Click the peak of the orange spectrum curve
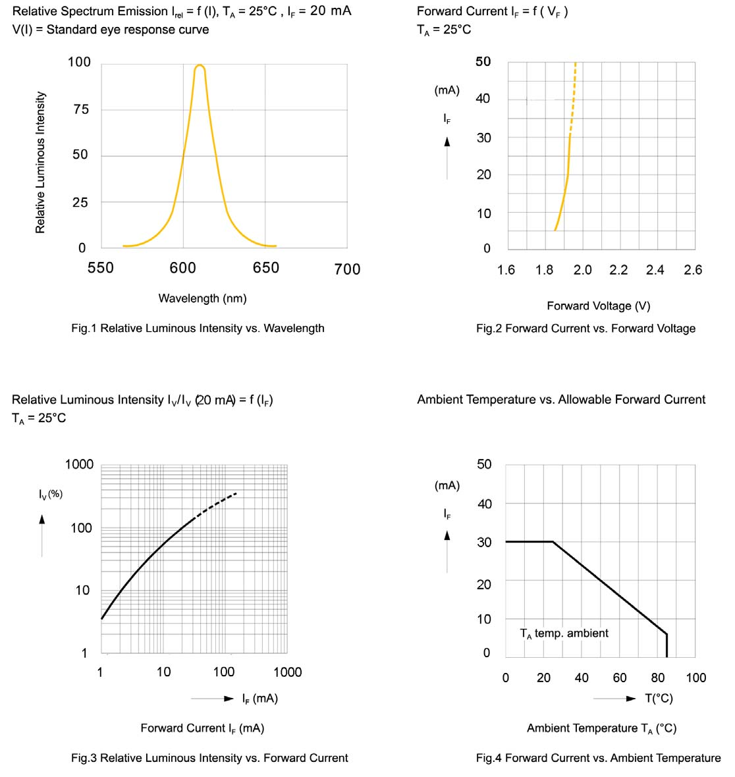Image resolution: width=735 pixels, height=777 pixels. click(x=200, y=65)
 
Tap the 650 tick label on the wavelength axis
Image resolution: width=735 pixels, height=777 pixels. click(x=265, y=268)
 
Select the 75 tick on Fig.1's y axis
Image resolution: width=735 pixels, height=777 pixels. click(x=80, y=110)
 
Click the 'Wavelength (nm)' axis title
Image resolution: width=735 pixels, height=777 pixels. click(x=202, y=298)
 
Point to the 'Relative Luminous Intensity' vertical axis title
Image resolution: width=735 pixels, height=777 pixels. click(x=41, y=162)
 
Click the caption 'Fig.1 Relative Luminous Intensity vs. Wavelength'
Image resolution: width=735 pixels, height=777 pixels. click(x=198, y=328)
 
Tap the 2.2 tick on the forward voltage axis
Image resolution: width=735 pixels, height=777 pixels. click(x=618, y=270)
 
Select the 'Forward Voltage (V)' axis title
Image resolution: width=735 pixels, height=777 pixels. click(x=598, y=306)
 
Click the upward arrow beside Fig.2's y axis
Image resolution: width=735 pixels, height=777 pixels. click(x=447, y=142)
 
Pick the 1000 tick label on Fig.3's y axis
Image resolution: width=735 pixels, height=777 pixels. click(x=80, y=465)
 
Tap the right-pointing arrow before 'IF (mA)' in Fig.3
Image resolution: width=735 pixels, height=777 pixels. click(x=228, y=699)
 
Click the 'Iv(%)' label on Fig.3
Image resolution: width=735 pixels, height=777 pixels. click(x=51, y=494)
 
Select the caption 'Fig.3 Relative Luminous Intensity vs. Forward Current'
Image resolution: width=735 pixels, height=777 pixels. click(x=209, y=758)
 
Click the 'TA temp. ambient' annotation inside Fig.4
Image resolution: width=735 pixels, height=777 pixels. click(x=564, y=633)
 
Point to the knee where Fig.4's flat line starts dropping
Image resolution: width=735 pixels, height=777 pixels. click(x=553, y=542)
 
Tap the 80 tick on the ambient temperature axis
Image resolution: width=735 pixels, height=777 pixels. click(x=658, y=678)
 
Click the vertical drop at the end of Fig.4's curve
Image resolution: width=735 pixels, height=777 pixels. click(x=667, y=645)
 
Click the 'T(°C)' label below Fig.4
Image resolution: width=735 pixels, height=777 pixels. click(x=659, y=699)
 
